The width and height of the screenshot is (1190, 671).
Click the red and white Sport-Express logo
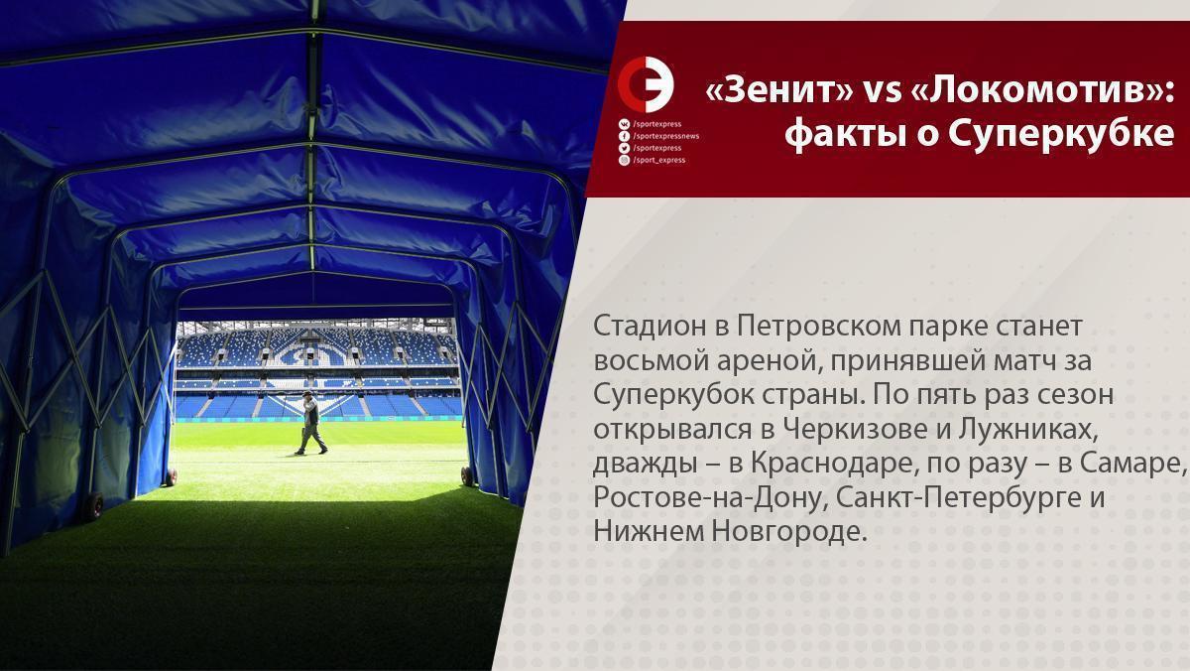click(x=646, y=84)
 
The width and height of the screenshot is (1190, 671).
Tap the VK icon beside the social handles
click(x=624, y=124)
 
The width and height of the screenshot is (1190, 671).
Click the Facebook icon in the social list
click(x=624, y=137)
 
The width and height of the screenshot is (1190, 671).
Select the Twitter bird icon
click(x=624, y=148)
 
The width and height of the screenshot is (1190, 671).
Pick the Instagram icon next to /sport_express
click(x=624, y=160)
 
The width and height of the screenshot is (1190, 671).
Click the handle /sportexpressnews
click(x=666, y=137)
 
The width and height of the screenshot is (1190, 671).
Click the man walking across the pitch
click(x=310, y=423)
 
